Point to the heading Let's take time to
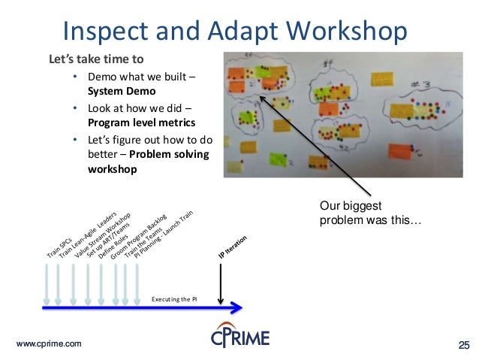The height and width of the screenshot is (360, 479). click(95, 59)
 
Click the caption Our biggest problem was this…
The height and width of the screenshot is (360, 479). click(369, 214)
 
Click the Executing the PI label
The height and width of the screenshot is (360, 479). click(174, 298)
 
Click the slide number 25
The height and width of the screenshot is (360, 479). click(463, 344)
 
